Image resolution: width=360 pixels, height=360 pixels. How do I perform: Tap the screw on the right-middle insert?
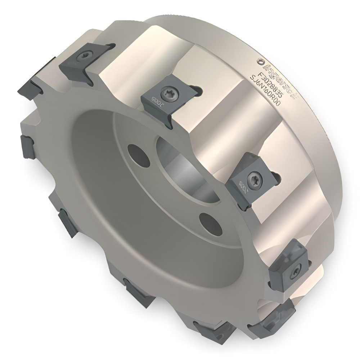point(252,177)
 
